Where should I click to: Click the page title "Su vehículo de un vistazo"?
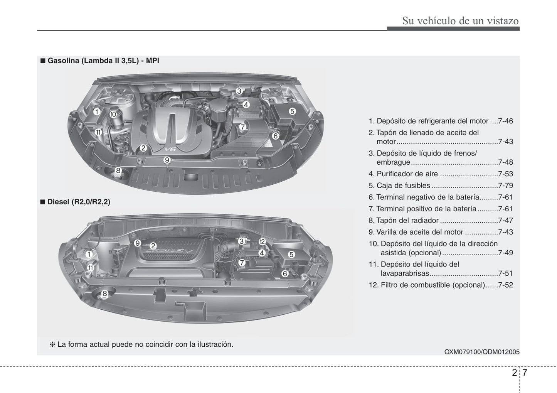pos(460,20)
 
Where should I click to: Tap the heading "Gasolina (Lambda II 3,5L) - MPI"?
pos(103,61)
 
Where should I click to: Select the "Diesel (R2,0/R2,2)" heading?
pos(79,202)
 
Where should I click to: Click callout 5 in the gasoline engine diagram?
pos(292,111)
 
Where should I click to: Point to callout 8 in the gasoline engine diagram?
pos(118,170)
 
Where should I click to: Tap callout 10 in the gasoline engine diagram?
pos(113,115)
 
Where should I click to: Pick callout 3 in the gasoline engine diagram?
pos(239,91)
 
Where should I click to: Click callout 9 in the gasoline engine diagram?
pos(167,160)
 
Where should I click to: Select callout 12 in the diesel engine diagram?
pos(262,242)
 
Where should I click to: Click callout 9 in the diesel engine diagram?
pos(138,243)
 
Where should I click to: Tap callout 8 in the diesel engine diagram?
pos(104,293)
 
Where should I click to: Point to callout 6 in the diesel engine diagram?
pos(285,273)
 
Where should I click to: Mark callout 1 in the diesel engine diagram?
pos(89,254)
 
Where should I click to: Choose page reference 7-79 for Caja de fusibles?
pos(505,186)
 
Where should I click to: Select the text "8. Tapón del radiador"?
pos(403,221)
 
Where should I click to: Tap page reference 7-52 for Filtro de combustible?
pos(505,285)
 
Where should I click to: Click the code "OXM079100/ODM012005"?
pos(481,352)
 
